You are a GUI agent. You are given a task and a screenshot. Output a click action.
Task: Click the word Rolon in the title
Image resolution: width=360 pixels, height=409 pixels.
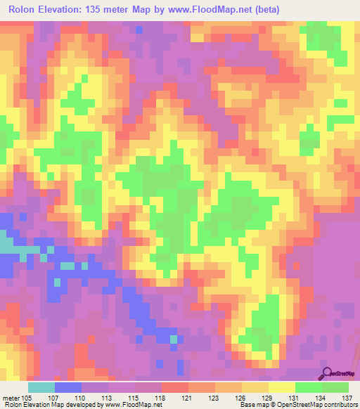25,10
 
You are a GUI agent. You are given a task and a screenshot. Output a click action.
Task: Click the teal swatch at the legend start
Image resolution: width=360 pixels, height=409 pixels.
41,387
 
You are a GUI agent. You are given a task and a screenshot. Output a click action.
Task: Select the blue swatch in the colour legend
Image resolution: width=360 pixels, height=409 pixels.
68,387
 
